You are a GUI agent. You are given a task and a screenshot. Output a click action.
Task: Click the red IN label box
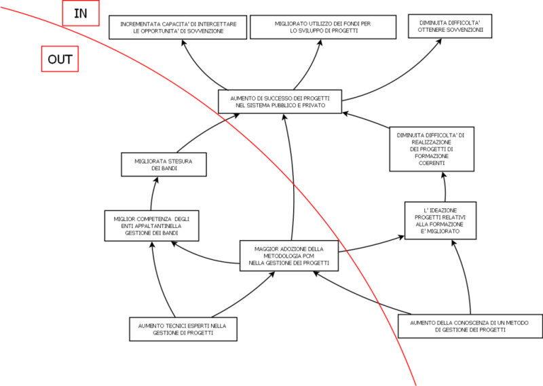81,13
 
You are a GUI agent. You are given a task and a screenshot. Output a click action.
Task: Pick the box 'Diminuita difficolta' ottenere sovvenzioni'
449,26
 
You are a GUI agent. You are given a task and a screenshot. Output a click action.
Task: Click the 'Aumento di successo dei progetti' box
281,102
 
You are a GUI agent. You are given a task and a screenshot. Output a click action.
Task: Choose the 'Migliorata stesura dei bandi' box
164,164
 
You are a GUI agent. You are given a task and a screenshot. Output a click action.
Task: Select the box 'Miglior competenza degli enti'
152,225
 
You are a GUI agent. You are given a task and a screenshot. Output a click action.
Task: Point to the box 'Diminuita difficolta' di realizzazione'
431,149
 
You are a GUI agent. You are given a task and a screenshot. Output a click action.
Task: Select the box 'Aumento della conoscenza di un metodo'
470,326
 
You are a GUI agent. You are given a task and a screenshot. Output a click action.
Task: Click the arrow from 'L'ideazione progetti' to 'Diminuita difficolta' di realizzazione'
446,186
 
